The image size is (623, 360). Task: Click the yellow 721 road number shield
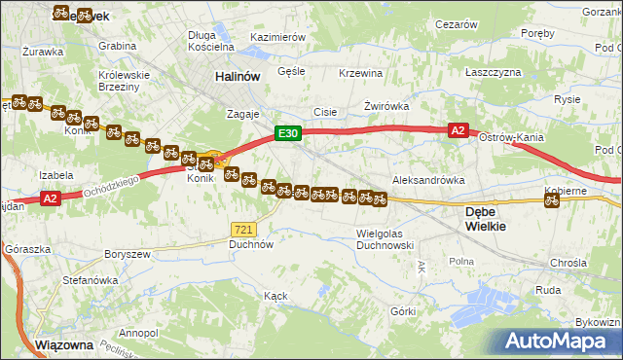(x=243, y=229)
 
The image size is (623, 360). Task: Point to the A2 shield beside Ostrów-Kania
(x=458, y=129)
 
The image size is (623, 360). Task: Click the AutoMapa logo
(x=560, y=342)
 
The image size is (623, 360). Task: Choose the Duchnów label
(x=250, y=245)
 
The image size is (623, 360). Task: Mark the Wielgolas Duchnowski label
(x=386, y=239)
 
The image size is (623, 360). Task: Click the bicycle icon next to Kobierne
(x=552, y=201)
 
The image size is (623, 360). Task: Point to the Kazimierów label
(x=278, y=37)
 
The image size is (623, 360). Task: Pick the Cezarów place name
(x=457, y=24)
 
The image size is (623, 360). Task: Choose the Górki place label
(x=403, y=311)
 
